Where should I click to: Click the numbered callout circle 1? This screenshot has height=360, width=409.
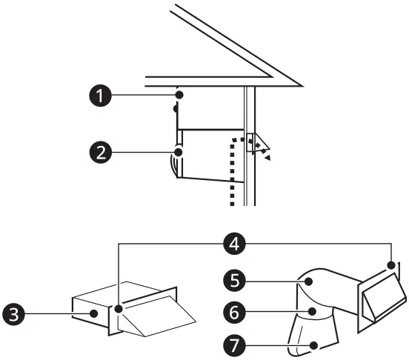96,96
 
